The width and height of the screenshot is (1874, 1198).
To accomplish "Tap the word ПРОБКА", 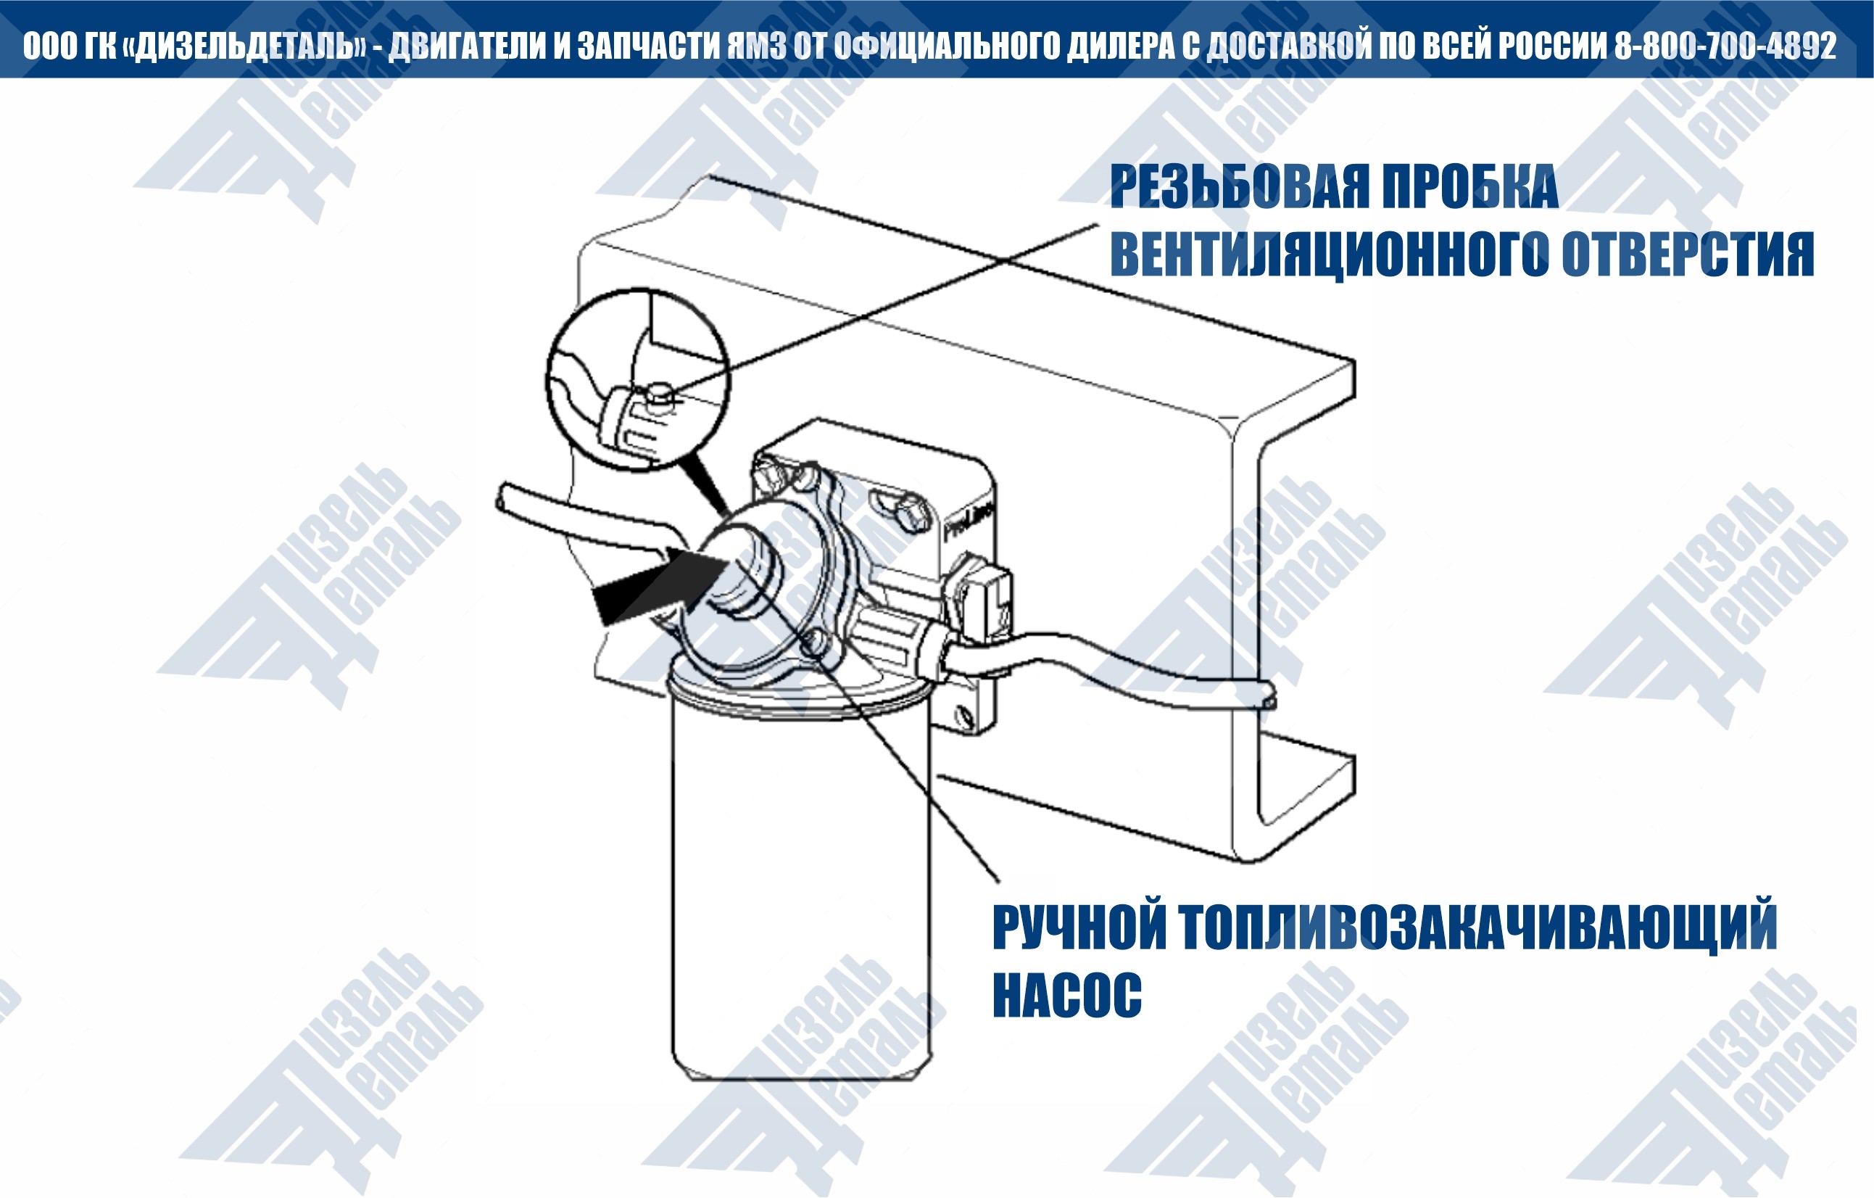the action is point(1469,187).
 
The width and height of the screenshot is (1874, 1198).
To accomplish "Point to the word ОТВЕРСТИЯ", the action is point(1688,255).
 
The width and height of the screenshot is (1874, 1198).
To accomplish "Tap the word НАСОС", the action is point(1067,995).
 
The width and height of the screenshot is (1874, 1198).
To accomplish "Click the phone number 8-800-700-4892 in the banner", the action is point(1725,46).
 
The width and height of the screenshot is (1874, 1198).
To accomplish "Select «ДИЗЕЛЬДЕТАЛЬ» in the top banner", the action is point(244,46).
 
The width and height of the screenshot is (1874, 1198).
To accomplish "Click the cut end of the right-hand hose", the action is point(1268,693).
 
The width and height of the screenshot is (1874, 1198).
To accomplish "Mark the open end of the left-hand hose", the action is point(502,498).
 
